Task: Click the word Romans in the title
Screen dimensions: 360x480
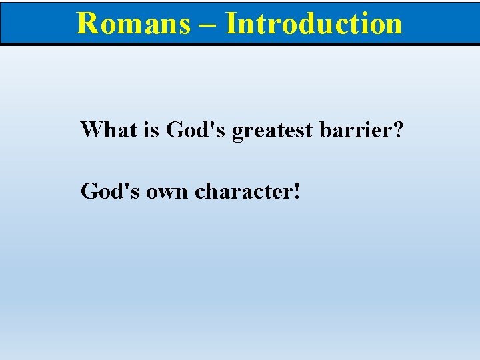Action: (x=133, y=23)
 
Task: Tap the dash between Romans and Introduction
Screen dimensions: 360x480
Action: (x=207, y=25)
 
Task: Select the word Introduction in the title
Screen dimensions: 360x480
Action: (x=314, y=23)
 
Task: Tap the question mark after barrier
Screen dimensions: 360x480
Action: (x=398, y=129)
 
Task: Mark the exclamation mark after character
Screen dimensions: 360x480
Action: (x=296, y=191)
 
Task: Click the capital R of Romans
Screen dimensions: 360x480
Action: (x=87, y=23)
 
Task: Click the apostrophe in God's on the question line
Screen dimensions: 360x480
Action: (x=216, y=123)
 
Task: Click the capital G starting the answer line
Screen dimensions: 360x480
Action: (x=89, y=191)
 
